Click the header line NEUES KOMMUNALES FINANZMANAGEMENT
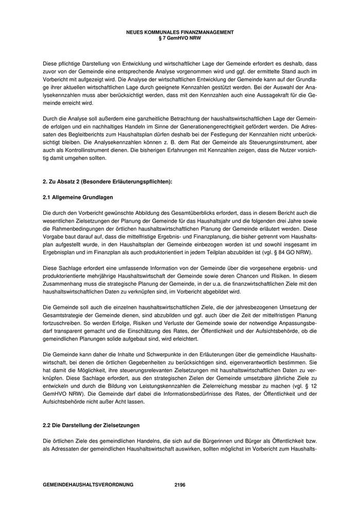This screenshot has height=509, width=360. click(179, 32)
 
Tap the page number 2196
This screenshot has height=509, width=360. click(179, 484)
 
